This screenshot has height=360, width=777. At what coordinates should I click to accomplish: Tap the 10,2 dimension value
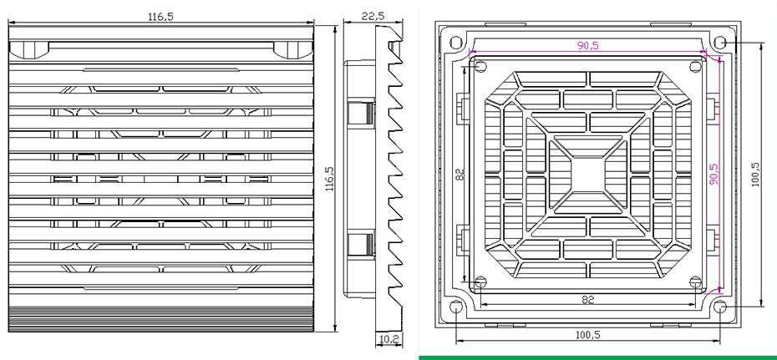(x=388, y=338)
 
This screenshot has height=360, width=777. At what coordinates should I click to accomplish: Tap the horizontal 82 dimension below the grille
(x=587, y=299)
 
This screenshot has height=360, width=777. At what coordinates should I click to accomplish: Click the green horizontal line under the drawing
(x=597, y=356)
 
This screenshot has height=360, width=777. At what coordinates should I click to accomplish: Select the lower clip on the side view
(x=362, y=244)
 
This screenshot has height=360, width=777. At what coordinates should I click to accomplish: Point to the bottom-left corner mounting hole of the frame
(x=455, y=307)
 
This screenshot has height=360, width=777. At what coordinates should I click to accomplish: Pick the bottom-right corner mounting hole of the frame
(x=721, y=307)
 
